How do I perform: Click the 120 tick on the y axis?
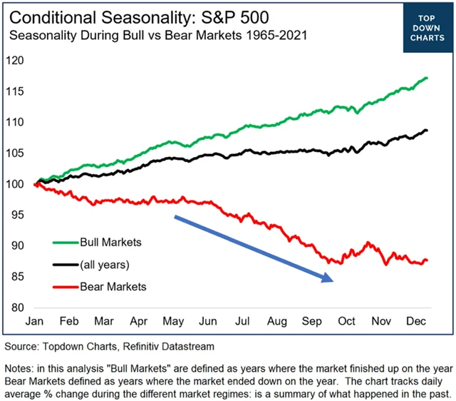16,61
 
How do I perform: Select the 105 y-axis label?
16,153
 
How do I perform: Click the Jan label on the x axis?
36,322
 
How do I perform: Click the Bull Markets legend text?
111,242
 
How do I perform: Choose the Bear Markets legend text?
113,286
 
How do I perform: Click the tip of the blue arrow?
333,280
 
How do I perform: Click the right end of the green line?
427,78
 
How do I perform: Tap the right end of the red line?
427,260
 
